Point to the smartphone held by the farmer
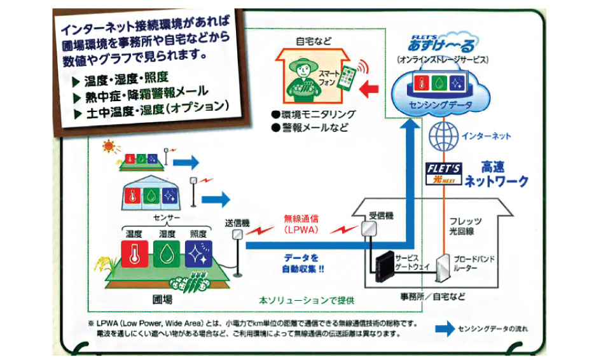click(347, 79)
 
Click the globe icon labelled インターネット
click(444, 136)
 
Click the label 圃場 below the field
click(163, 299)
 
